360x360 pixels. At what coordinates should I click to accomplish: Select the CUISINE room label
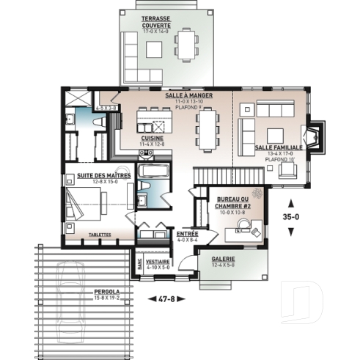(152, 137)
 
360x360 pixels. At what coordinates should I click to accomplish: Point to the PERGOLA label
(106, 292)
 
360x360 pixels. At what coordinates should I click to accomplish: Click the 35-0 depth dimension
(292, 217)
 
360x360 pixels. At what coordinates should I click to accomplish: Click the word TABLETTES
(99, 235)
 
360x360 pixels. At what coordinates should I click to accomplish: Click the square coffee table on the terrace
(154, 50)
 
